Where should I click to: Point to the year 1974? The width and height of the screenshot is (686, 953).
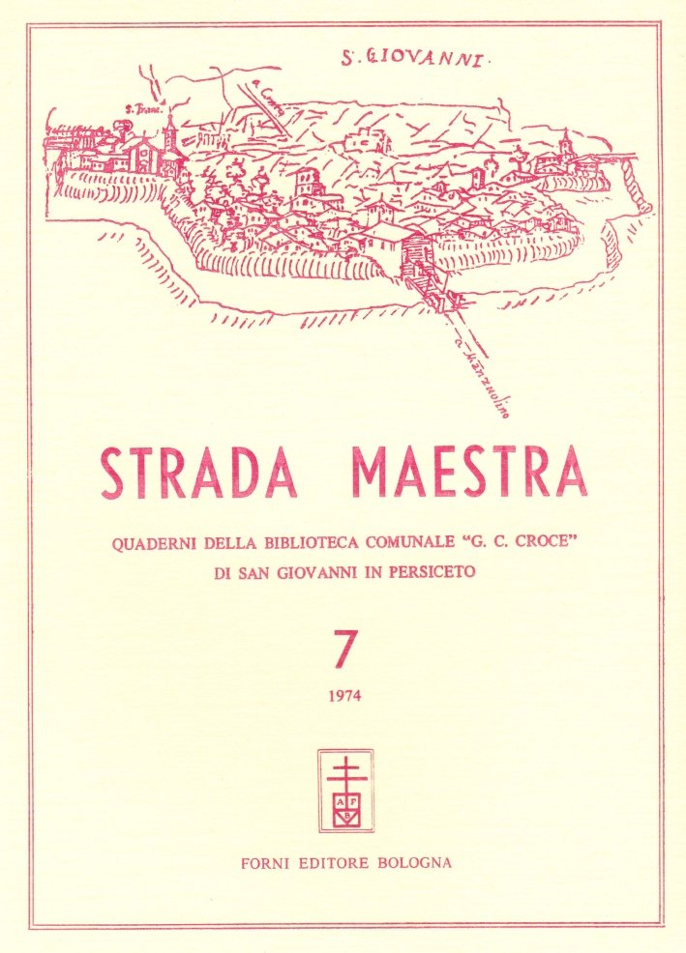pos(343,695)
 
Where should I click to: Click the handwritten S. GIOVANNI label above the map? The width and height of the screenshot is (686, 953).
pos(418,59)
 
